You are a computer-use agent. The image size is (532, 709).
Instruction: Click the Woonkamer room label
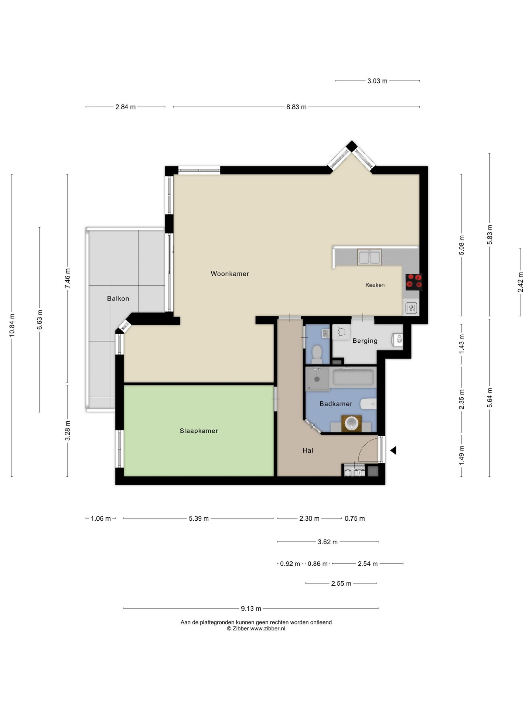230,274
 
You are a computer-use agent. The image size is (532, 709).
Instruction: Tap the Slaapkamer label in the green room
199,431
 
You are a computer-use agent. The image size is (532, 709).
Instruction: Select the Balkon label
118,298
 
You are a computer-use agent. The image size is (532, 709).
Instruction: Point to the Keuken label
375,285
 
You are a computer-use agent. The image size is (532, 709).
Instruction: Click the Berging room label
365,340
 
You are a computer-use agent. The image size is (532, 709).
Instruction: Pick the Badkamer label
336,404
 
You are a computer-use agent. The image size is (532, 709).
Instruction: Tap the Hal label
308,450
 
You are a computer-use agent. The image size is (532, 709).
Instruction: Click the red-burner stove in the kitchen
414,282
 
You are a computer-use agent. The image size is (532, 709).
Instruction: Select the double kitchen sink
369,257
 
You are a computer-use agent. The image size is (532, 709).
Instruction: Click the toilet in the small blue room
317,353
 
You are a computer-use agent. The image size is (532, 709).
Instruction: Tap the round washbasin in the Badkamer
351,423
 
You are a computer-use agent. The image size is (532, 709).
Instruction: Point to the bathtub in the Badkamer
353,377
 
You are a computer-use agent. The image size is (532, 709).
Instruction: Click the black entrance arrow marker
393,450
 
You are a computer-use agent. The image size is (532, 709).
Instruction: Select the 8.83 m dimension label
296,107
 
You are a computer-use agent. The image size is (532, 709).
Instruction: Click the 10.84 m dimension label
12,325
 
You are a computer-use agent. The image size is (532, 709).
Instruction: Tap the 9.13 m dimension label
251,608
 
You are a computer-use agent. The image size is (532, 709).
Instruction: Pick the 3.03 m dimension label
377,81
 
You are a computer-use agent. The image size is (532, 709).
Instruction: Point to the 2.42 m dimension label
520,282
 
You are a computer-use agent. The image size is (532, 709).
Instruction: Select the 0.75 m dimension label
355,518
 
